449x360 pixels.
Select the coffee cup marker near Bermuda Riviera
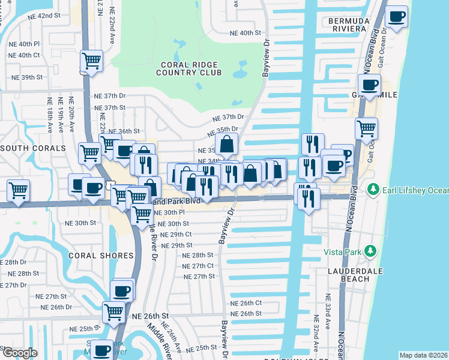pyautogui.click(x=396, y=17)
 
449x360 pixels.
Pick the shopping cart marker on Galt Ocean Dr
pyautogui.click(x=366, y=128)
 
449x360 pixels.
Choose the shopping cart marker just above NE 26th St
pyautogui.click(x=113, y=311)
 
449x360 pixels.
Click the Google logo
pyautogui.click(x=19, y=353)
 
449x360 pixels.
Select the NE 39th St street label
pyautogui.click(x=28, y=77)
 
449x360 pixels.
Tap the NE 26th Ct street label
pyautogui.click(x=246, y=303)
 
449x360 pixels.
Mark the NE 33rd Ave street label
pyautogui.click(x=328, y=307)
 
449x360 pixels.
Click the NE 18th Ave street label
pyautogui.click(x=49, y=113)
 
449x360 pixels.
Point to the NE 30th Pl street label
pyautogui.click(x=169, y=212)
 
